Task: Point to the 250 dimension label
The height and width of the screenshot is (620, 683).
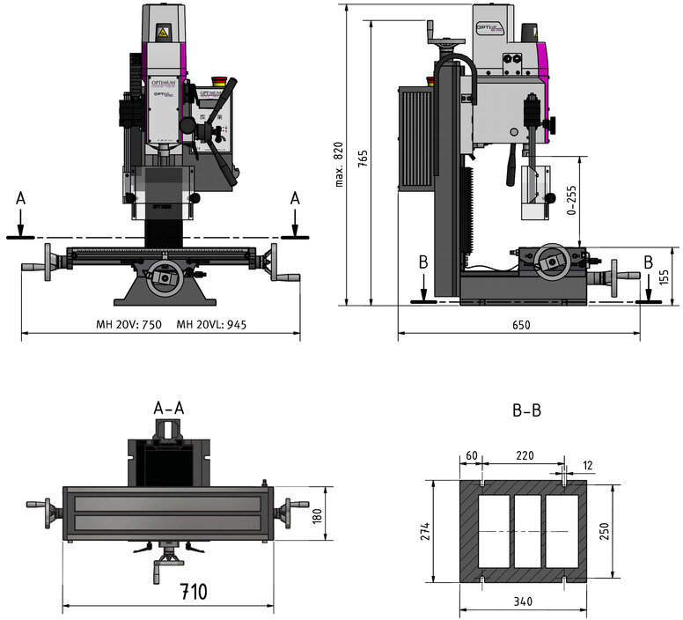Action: (604, 532)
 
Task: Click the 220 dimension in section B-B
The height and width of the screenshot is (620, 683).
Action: (525, 455)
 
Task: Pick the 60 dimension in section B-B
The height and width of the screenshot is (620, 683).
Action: (472, 455)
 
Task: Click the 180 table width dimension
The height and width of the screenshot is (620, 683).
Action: (317, 514)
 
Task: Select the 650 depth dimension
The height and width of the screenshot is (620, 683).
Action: (521, 325)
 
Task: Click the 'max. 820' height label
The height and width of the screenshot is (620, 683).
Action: (338, 164)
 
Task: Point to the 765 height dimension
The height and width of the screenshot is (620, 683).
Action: (363, 159)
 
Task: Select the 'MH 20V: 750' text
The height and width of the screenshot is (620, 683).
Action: (129, 324)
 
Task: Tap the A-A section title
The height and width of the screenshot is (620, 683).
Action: (169, 408)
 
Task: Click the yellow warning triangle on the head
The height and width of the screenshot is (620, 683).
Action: (162, 33)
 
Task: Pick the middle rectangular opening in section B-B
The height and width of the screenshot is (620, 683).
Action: (526, 532)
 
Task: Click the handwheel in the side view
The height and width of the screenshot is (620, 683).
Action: (552, 257)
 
